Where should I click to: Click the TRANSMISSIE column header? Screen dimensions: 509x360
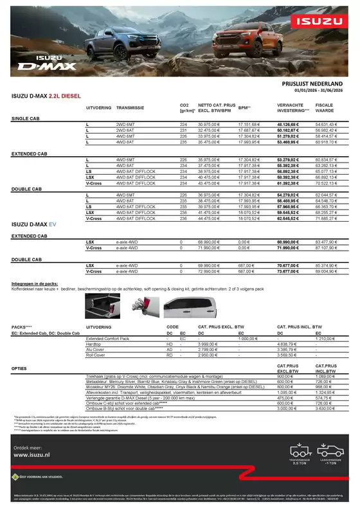click(130, 107)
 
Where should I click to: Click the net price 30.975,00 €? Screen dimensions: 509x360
click(210, 124)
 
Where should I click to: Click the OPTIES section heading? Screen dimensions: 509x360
click(20, 368)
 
